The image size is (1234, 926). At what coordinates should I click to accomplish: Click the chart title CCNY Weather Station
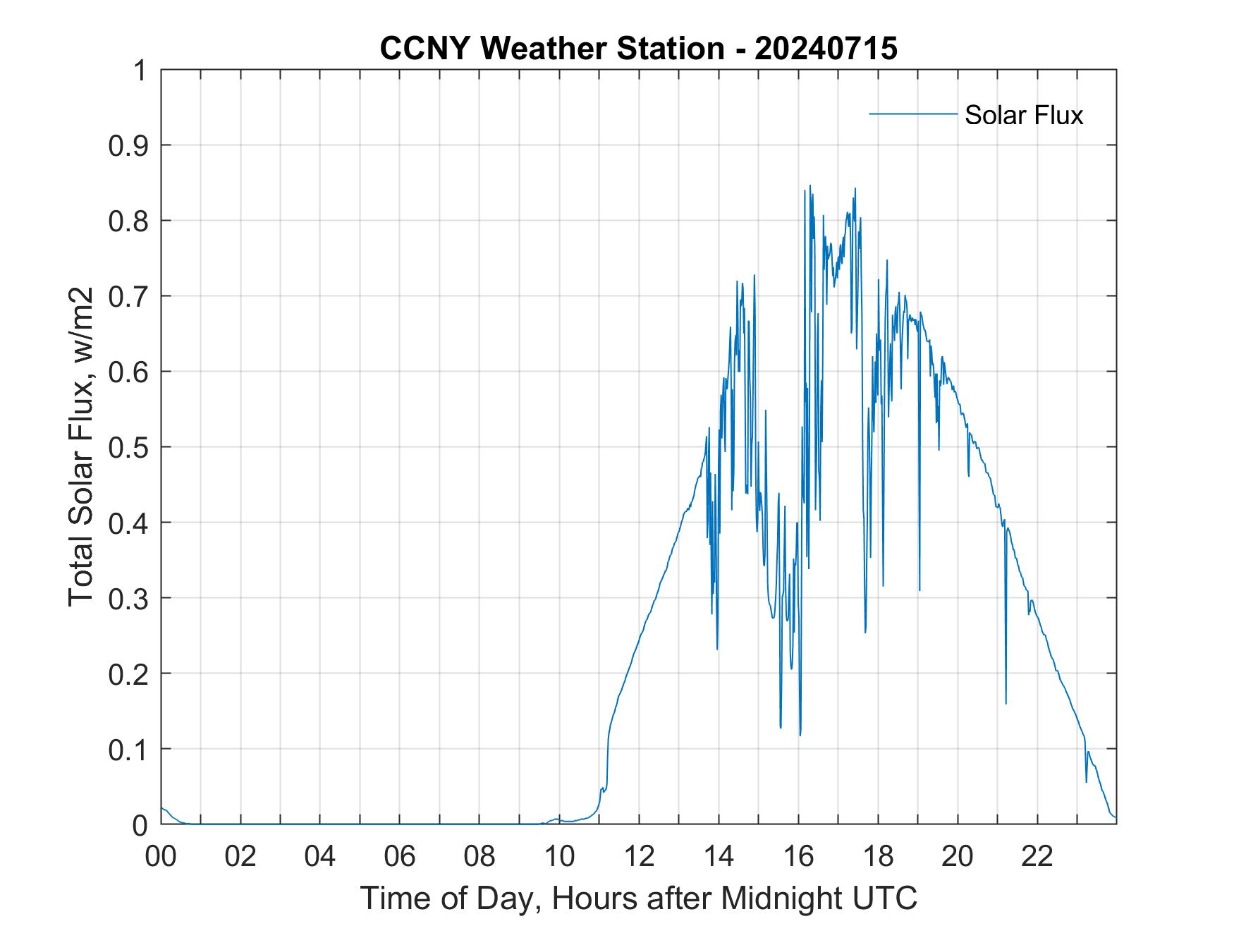pos(551,49)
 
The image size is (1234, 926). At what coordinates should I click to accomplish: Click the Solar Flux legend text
pos(1023,115)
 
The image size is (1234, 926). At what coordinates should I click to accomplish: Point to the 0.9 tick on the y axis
pos(129,146)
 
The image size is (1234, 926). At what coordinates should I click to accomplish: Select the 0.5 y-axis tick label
pos(129,448)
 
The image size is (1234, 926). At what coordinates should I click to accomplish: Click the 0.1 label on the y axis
pos(129,750)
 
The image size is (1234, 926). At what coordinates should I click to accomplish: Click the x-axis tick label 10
pos(559,857)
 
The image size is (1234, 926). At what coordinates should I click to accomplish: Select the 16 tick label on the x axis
pos(798,857)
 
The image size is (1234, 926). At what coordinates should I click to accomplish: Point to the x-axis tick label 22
pos(1037,857)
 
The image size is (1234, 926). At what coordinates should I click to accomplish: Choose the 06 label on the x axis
pos(400,857)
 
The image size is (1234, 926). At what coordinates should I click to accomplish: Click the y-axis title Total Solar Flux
pos(81,447)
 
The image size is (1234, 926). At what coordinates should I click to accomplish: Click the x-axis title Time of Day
pos(638,898)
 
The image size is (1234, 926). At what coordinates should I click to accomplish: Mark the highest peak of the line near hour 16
pos(810,185)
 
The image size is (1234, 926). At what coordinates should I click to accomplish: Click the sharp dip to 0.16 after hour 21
pos(1006,702)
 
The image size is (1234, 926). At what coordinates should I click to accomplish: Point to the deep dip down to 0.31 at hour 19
pos(920,590)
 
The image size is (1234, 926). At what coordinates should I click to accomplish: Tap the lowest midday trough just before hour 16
pos(800,735)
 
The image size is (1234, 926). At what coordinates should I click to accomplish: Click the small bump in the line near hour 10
pos(557,820)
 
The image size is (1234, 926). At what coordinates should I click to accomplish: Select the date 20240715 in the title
pos(826,49)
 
